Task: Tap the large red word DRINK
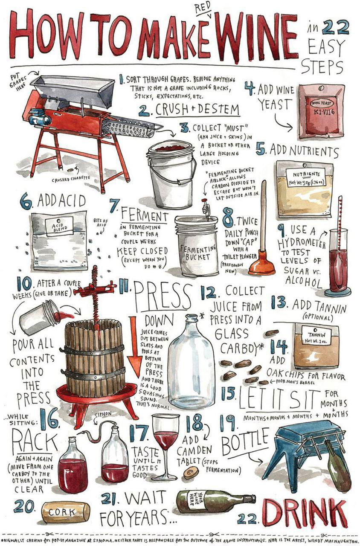coord(305,509)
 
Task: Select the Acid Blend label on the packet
coord(59,227)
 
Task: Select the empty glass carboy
coord(192,361)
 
